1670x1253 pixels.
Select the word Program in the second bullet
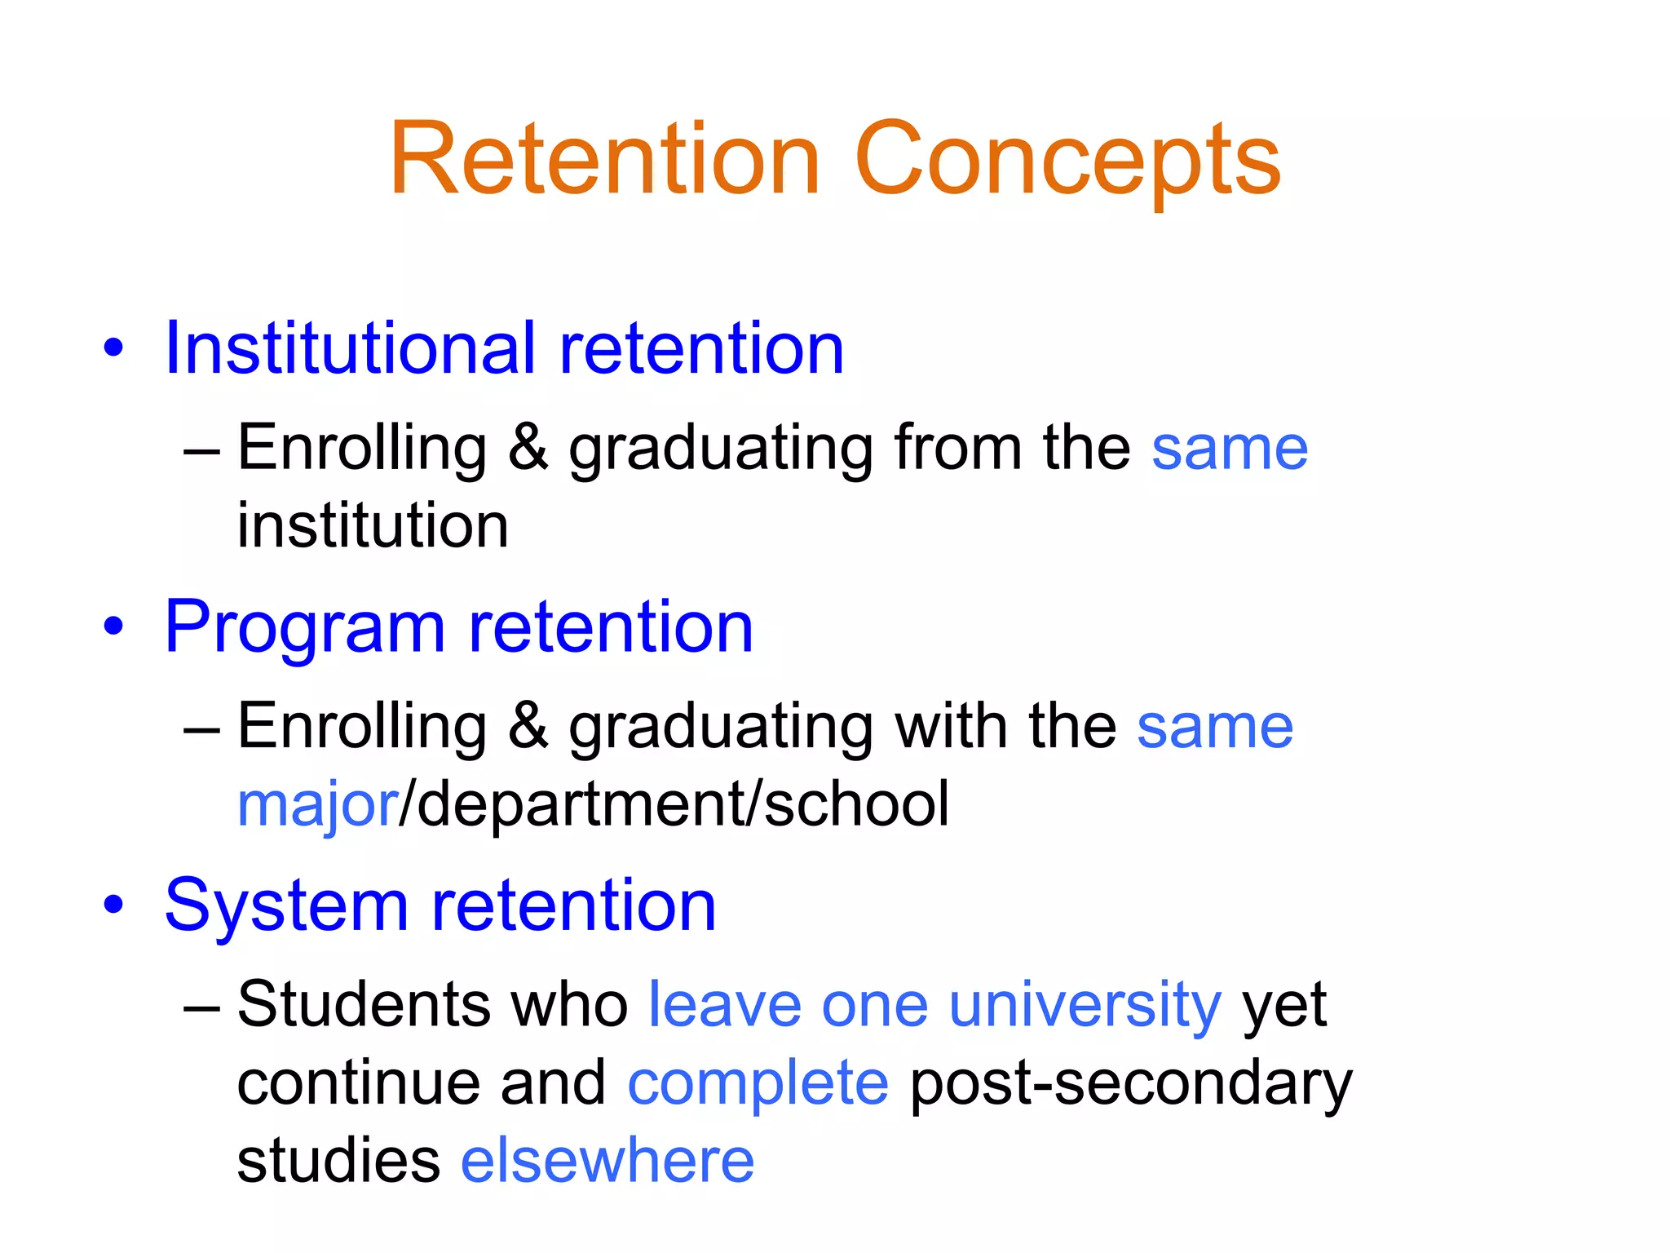(x=304, y=627)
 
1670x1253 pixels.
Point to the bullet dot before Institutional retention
(x=114, y=349)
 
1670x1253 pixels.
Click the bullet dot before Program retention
(x=114, y=627)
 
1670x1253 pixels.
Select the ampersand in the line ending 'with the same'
(x=528, y=725)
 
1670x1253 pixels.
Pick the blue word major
(x=317, y=804)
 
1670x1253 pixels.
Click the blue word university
(x=1085, y=1004)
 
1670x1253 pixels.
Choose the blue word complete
(x=758, y=1083)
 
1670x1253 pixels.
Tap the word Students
(x=364, y=1004)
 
